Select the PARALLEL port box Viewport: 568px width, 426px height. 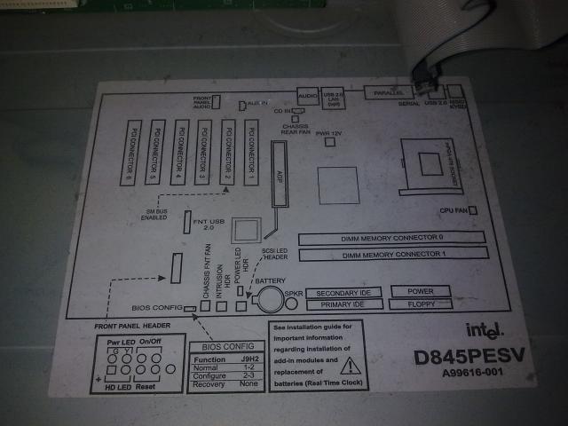tap(388, 93)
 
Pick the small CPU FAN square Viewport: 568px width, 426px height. tap(473, 210)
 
